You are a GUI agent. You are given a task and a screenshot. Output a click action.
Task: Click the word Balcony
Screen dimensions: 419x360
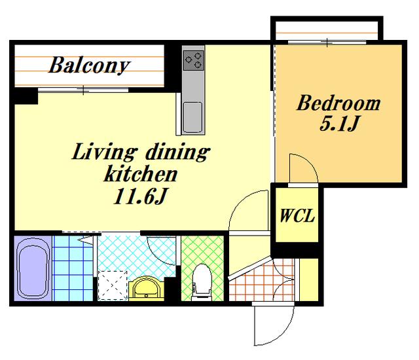89,65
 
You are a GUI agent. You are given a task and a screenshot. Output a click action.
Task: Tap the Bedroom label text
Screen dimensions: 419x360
338,103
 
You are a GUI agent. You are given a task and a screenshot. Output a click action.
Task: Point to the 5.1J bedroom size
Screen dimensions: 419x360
338,124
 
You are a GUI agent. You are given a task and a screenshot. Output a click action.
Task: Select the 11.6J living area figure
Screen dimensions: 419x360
140,197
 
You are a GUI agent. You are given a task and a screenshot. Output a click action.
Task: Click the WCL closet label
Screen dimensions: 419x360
297,215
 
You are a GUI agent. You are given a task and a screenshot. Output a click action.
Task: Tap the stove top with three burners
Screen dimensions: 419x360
193,60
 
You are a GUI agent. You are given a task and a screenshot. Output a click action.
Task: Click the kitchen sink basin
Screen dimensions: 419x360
192,118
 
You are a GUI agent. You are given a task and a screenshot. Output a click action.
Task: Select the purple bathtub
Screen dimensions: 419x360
33,268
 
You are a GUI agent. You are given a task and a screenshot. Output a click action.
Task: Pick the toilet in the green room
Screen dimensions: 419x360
202,281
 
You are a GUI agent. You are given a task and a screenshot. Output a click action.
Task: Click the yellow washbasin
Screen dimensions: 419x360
146,289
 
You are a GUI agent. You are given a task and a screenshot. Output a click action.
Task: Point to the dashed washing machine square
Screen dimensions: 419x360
112,285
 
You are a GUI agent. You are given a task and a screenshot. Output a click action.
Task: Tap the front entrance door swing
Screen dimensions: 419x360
274,325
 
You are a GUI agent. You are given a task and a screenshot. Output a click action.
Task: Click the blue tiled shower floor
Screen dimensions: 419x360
73,268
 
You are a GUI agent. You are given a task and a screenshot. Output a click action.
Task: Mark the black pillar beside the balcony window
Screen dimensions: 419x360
26,96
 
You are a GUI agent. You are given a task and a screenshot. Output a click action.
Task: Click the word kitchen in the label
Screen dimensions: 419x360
141,174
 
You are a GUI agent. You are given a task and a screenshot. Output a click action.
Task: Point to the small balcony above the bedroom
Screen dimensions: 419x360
327,31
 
